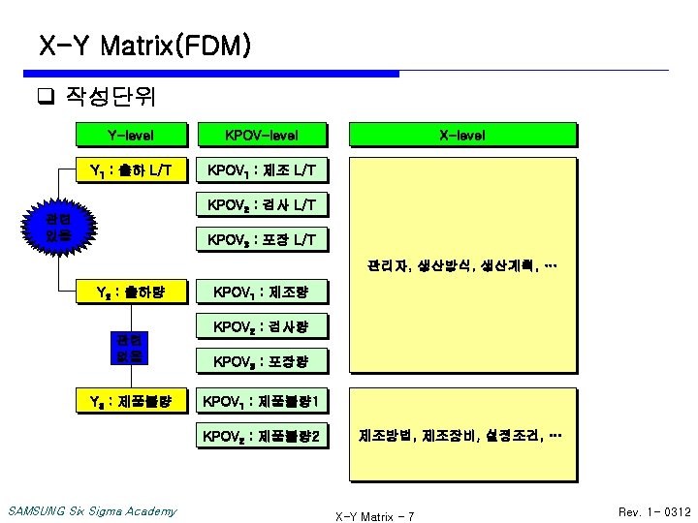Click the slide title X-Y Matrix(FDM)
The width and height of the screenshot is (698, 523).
[145, 45]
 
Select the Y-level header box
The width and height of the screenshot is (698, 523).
[130, 135]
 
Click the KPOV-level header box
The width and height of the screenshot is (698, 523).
[261, 135]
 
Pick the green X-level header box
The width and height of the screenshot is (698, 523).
[462, 135]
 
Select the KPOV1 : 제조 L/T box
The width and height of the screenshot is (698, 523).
[261, 171]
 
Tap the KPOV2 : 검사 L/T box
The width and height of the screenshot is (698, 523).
[261, 205]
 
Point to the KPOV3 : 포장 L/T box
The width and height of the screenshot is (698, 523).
[261, 239]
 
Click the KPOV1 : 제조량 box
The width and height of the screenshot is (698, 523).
[261, 291]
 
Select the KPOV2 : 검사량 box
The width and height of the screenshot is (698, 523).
[261, 326]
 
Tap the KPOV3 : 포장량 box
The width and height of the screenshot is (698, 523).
[261, 361]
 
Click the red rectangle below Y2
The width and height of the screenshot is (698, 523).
[130, 348]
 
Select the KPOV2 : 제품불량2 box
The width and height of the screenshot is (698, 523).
[261, 437]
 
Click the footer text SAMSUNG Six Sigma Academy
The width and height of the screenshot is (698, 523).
[92, 511]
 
